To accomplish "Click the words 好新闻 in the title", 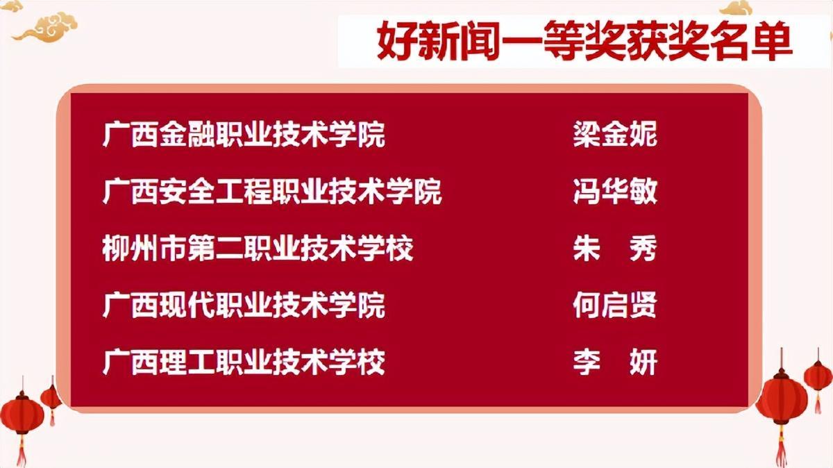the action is [438, 40].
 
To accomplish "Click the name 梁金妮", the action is [615, 134].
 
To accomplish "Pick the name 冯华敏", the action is [615, 191].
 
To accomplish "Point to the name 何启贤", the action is [615, 305].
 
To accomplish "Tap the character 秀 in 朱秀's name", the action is [643, 248].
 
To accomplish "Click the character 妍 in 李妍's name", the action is [643, 362].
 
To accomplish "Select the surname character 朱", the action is [587, 248].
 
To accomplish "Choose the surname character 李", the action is [587, 362].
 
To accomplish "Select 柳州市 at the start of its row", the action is [144, 248].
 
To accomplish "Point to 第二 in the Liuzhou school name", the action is [215, 248].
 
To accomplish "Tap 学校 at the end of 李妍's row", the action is [357, 362].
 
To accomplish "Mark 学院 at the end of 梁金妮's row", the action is [357, 134].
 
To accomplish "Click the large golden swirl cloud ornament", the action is [45, 27].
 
